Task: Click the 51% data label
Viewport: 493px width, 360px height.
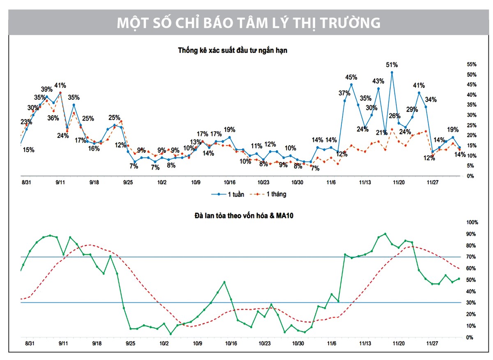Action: (x=392, y=65)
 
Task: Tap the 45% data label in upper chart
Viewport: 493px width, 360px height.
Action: (x=351, y=77)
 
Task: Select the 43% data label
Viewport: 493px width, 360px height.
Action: (x=378, y=81)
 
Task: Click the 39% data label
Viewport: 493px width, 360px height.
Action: (x=46, y=89)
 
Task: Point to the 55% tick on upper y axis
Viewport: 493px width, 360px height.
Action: (x=472, y=64)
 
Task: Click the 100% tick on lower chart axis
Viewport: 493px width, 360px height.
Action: (x=472, y=222)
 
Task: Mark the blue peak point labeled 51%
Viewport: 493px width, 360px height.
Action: (x=392, y=72)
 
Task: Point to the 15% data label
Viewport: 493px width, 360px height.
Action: (x=29, y=150)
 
